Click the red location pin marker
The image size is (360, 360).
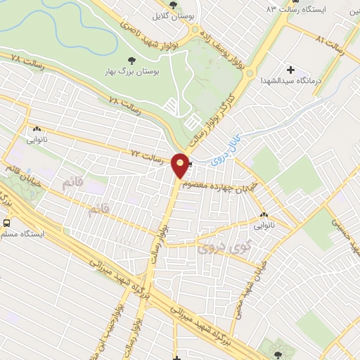tap(181, 166)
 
